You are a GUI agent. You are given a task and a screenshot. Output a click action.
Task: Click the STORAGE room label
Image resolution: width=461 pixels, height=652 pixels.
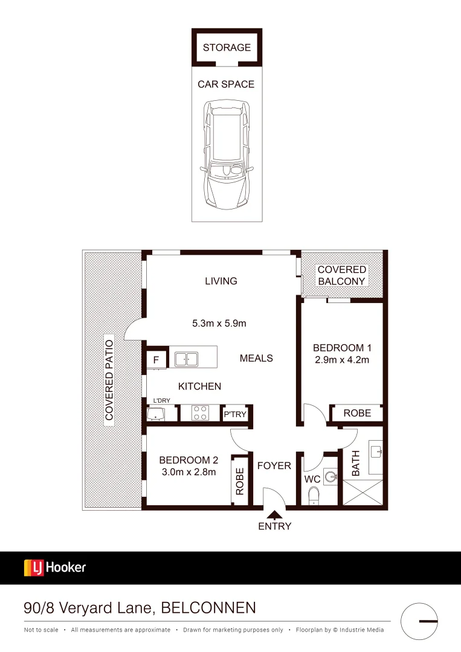[x=227, y=48]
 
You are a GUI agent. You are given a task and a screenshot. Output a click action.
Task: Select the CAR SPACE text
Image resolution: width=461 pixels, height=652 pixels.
[x=226, y=85]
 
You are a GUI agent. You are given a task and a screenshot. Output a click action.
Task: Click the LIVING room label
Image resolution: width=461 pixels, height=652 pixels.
[x=221, y=281]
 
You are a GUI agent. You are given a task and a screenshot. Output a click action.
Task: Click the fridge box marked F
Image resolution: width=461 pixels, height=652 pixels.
[x=156, y=360]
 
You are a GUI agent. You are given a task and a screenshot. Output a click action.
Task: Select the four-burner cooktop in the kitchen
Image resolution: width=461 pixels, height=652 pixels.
[x=201, y=414]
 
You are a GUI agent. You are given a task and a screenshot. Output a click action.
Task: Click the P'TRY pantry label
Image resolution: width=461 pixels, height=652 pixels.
[x=235, y=414]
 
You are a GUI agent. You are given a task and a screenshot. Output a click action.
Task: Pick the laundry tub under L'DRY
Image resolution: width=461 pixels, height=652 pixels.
[x=156, y=415]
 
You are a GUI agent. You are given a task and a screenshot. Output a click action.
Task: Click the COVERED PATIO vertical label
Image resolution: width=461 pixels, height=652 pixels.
[x=109, y=379]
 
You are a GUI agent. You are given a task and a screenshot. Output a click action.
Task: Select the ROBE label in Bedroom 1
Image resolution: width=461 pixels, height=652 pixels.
[x=357, y=414]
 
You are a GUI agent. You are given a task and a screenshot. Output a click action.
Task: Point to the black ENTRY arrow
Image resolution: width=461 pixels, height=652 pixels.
[x=274, y=515]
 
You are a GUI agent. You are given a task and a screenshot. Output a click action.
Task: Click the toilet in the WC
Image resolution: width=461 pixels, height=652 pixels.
[x=314, y=496]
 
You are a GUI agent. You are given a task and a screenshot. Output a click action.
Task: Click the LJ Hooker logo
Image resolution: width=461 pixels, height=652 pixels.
[x=55, y=567]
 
